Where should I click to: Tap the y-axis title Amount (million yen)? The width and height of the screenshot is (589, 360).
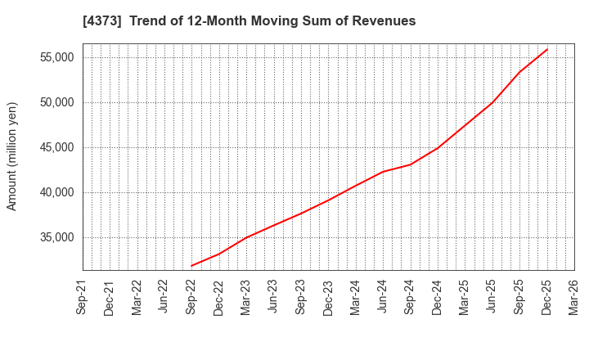12,156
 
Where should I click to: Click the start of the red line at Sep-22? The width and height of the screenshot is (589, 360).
191,266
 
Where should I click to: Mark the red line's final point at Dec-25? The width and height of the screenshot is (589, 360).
547,49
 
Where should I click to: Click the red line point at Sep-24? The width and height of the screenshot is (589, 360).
411,164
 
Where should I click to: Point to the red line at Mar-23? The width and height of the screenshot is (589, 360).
246,237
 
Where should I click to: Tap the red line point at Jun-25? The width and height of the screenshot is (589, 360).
492,102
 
